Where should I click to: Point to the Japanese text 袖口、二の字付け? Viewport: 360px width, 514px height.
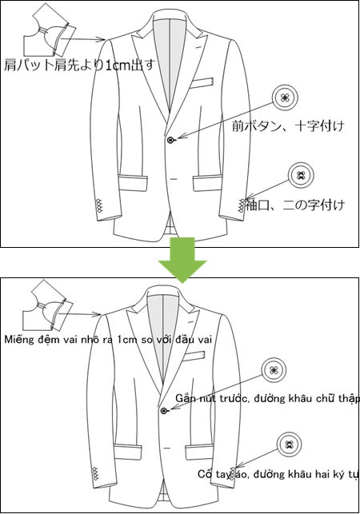pos(295,205)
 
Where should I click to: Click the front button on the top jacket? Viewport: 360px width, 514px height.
pos(171,141)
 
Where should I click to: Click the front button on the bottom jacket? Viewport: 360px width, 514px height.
pos(164,410)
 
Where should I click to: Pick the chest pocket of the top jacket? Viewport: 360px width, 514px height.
pos(203,82)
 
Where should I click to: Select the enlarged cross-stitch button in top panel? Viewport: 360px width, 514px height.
pos(285,98)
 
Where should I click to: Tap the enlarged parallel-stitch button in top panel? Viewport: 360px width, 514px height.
pos(301,175)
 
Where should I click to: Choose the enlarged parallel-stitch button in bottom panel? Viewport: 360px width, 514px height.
pos(286,444)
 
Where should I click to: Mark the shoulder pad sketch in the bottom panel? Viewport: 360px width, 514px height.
pos(48,309)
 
